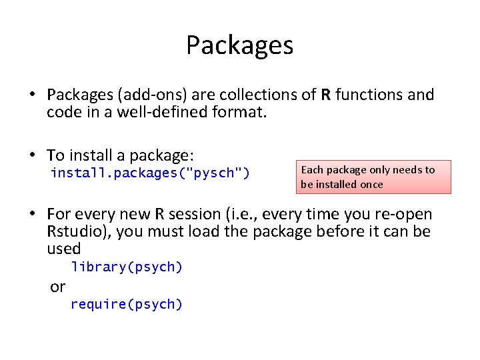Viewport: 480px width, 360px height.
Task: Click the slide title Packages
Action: [x=239, y=45]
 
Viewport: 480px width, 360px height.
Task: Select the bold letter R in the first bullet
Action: [x=325, y=95]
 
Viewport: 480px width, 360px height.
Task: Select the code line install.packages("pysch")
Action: [x=150, y=173]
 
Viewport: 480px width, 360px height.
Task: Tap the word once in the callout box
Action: [x=369, y=184]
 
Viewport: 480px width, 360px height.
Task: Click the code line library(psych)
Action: [x=127, y=267]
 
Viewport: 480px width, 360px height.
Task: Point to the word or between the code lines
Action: [x=58, y=287]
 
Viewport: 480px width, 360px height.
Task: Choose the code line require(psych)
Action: [x=127, y=305]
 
